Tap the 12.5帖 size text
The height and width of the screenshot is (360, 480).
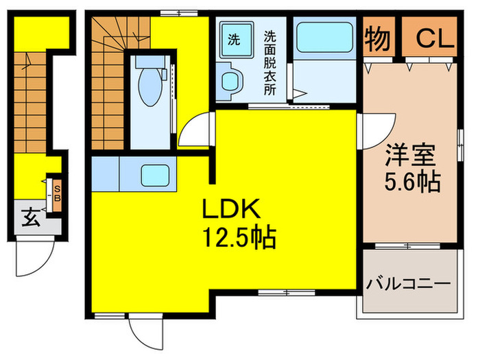[x=238, y=238]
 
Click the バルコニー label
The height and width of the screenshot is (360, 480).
[x=408, y=283]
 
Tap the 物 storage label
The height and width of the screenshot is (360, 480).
[x=378, y=38]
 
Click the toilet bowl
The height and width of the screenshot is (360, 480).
[x=147, y=88]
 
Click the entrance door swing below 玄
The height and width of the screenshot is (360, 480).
[x=31, y=259]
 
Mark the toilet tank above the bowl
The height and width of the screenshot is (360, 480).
[x=147, y=62]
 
